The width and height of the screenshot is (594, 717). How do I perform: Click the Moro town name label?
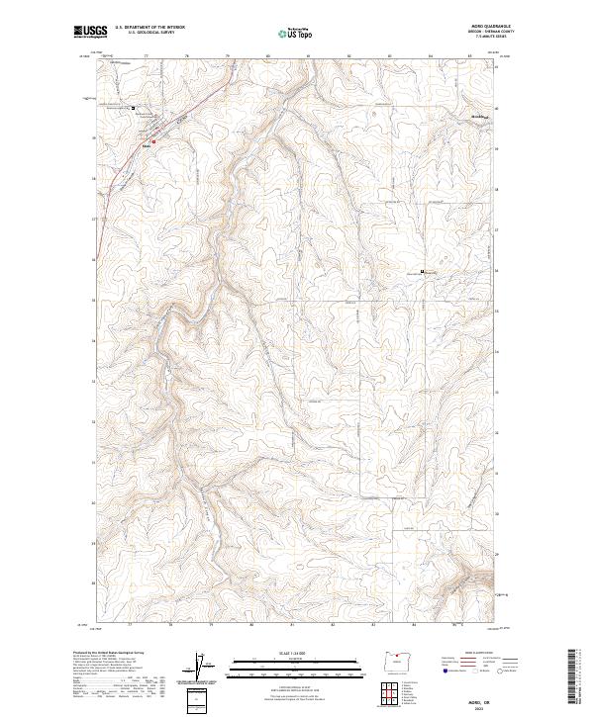click(x=148, y=147)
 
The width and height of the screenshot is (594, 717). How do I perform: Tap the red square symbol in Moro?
click(x=153, y=140)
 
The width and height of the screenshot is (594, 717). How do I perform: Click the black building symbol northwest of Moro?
click(x=135, y=108)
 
